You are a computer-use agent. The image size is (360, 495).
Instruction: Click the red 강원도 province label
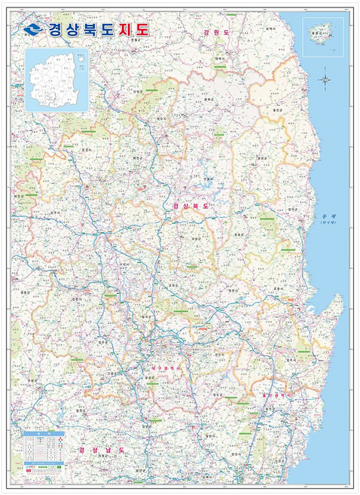[215, 33]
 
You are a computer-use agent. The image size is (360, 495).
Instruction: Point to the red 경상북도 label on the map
[190, 205]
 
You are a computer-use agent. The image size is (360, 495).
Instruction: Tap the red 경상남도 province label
[100, 450]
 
